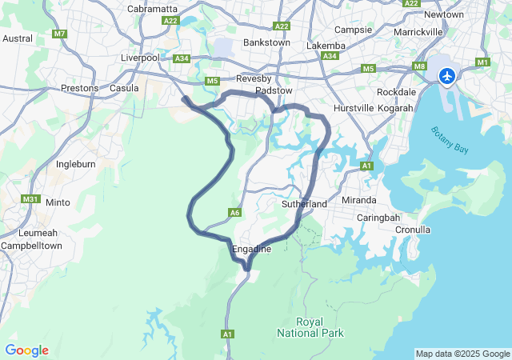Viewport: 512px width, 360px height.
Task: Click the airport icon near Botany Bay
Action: pyautogui.click(x=446, y=76)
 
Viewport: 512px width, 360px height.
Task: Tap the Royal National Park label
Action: pyautogui.click(x=310, y=326)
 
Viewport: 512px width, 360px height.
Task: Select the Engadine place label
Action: pyautogui.click(x=251, y=250)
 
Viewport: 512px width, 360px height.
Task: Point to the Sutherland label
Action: pyautogui.click(x=305, y=205)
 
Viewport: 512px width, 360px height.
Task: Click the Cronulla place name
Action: pyautogui.click(x=413, y=230)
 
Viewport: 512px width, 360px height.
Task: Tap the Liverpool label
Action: pyautogui.click(x=141, y=58)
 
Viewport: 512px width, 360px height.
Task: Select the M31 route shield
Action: pyautogui.click(x=31, y=199)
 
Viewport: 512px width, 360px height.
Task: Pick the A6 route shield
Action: pyautogui.click(x=234, y=213)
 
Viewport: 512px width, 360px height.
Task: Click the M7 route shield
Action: pyautogui.click(x=59, y=34)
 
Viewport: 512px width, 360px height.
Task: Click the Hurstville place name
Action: pyautogui.click(x=354, y=107)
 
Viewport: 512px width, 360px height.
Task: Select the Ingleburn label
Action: pyautogui.click(x=77, y=164)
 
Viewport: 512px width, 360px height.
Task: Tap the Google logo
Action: pyautogui.click(x=26, y=350)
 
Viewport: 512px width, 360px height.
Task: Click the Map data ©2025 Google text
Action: pyautogui.click(x=462, y=354)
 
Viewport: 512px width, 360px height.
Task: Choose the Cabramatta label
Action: pyautogui.click(x=152, y=9)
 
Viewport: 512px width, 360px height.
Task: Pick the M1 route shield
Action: pyautogui.click(x=482, y=62)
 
